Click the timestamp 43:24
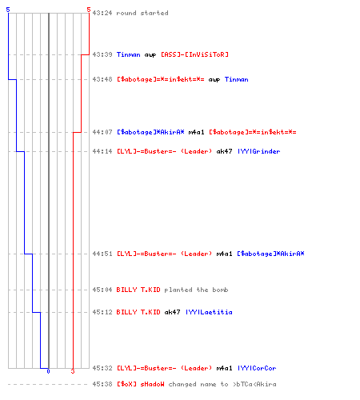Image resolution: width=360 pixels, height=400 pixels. (102, 13)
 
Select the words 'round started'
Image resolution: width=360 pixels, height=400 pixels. (142, 13)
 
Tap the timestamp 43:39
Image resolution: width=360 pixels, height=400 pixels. (102, 54)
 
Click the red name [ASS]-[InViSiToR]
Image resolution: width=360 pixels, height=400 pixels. (194, 54)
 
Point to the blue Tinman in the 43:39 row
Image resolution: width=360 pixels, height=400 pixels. (128, 54)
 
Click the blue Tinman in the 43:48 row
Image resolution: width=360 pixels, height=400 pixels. (236, 79)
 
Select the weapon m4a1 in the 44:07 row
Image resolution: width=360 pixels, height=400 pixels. (196, 132)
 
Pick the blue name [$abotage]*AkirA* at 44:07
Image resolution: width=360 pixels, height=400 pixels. (150, 132)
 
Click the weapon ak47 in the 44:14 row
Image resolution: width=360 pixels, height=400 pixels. (224, 151)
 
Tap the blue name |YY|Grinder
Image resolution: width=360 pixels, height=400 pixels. (259, 151)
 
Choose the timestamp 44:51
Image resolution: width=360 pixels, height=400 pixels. (102, 254)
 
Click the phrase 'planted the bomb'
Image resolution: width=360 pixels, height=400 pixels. (196, 290)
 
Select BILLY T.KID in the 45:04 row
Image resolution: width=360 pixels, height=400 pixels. (138, 290)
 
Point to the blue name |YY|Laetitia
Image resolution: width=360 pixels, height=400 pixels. (209, 312)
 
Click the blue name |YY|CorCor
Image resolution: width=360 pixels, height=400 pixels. (257, 368)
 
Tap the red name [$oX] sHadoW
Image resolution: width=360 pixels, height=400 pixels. (141, 384)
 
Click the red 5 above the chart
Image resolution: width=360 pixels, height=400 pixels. (89, 10)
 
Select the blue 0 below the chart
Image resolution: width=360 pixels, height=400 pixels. (48, 371)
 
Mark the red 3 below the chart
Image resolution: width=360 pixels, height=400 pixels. (73, 371)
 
